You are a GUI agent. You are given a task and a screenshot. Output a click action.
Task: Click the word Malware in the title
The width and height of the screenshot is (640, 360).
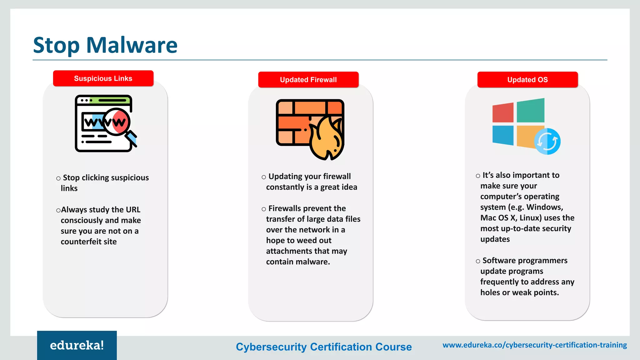coord(132,45)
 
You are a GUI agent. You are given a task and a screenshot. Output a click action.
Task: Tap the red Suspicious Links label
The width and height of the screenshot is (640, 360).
coord(103,78)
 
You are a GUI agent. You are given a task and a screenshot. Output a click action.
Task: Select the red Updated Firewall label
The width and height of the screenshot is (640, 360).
coord(308,80)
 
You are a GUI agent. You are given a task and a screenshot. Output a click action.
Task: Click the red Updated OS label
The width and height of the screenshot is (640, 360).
coord(527,80)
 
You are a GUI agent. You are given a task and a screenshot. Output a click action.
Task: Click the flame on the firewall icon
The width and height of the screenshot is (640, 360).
coord(327,139)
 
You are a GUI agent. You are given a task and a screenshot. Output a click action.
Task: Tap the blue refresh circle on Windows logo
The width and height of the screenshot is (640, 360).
coord(547,142)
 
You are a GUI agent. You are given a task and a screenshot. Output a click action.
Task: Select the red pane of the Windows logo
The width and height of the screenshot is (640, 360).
coord(503,112)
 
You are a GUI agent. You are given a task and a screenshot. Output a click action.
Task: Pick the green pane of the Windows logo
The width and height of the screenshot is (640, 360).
coord(531,110)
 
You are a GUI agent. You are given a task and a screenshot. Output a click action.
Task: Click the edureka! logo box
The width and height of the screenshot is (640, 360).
coord(77,345)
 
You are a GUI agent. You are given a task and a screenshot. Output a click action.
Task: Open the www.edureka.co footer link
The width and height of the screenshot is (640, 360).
coord(535,345)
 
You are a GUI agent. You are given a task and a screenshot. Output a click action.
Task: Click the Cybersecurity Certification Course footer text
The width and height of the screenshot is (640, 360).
coord(324,347)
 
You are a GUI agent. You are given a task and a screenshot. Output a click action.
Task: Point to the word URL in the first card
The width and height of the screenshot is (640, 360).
coord(133,210)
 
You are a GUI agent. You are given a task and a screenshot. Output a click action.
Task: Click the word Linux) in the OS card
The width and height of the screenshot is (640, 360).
coord(530,218)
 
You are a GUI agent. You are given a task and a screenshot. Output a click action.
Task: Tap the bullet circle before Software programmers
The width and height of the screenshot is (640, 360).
coord(478,261)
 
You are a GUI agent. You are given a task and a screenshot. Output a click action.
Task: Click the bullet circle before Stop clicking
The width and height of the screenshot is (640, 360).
coord(58,178)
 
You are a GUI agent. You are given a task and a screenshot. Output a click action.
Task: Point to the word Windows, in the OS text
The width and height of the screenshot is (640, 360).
coord(545,207)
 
